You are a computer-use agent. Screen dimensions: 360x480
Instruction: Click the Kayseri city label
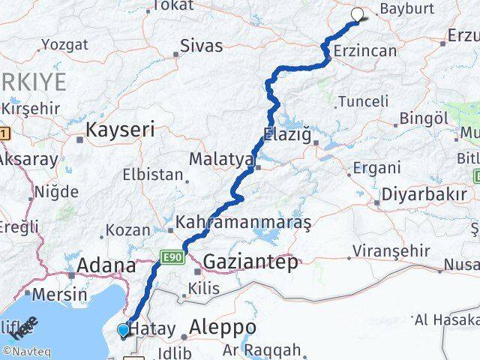click(120, 130)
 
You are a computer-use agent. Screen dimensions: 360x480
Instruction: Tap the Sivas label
click(202, 46)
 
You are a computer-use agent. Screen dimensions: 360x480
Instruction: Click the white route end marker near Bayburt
click(357, 13)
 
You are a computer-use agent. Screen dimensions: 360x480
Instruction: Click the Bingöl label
click(424, 118)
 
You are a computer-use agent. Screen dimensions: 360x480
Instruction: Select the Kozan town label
click(123, 231)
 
